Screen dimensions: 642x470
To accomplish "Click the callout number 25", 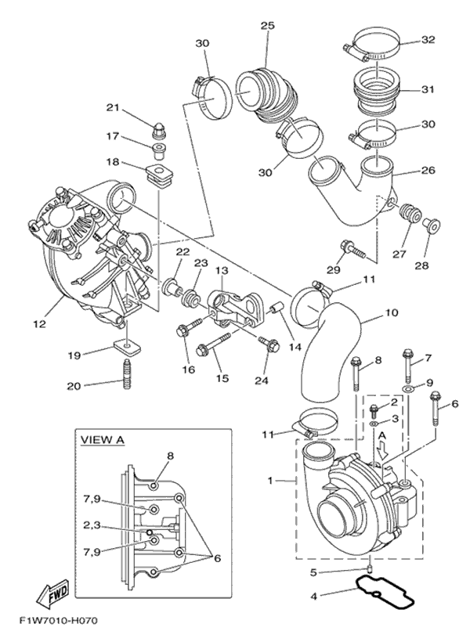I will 268,27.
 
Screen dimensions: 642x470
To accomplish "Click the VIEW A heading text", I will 103,440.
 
